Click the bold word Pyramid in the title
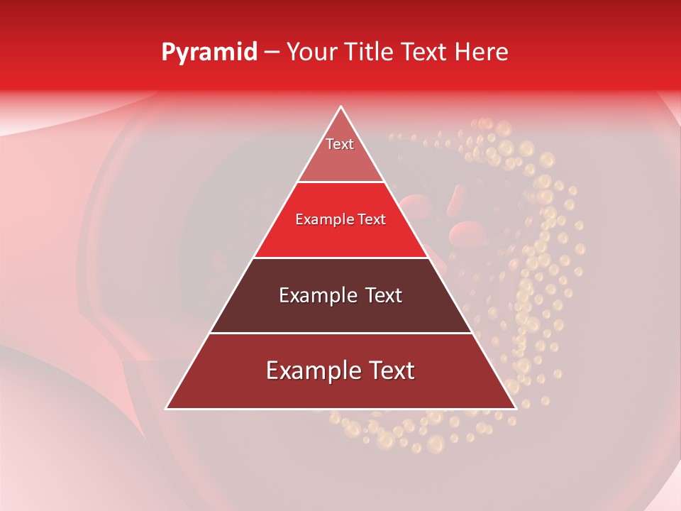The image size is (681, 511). (x=209, y=53)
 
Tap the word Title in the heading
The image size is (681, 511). (x=368, y=53)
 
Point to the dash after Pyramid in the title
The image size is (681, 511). (x=272, y=53)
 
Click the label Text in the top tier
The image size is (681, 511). (x=340, y=144)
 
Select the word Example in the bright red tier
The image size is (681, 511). (x=324, y=220)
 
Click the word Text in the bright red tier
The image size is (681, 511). (x=372, y=220)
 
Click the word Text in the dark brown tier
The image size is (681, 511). (x=384, y=295)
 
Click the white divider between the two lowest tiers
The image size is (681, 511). (x=340, y=334)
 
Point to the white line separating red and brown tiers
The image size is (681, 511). (x=340, y=258)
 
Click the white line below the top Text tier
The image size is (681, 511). (x=340, y=182)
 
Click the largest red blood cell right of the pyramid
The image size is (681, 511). (x=465, y=231)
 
